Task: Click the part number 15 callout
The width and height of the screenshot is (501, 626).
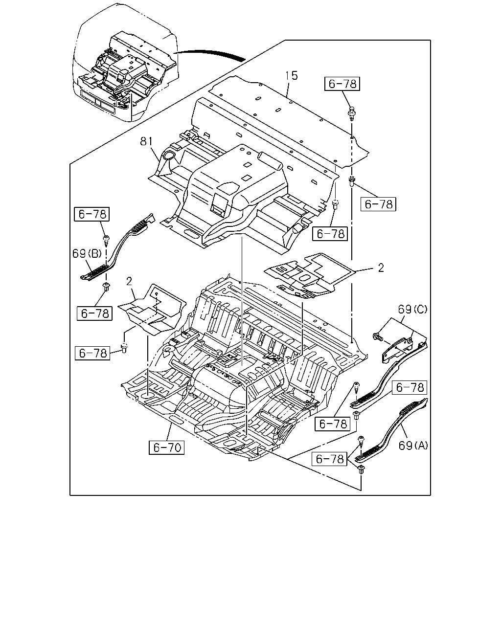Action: [292, 76]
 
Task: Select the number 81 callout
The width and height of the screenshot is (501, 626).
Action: [146, 142]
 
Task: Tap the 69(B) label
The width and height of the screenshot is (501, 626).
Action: [87, 254]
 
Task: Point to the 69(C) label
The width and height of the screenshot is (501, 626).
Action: [412, 309]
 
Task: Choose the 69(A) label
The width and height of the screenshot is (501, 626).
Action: [413, 445]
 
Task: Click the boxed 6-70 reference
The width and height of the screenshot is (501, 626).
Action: [166, 447]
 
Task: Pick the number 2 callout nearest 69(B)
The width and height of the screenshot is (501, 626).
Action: [129, 281]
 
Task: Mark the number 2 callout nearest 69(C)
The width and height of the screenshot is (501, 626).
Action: [381, 268]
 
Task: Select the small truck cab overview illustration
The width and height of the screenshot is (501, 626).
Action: [125, 63]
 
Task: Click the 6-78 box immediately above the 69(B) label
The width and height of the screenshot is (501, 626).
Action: [91, 214]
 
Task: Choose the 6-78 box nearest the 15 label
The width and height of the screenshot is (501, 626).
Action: [342, 84]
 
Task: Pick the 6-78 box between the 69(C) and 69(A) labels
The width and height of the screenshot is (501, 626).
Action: [410, 387]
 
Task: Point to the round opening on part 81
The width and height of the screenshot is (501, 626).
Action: [168, 155]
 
